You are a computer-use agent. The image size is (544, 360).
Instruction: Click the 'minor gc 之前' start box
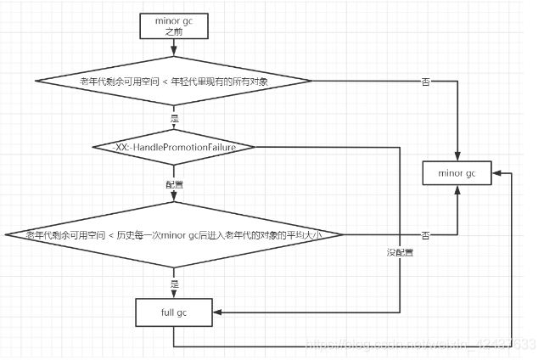(173, 25)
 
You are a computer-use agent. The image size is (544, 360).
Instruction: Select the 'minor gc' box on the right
(457, 173)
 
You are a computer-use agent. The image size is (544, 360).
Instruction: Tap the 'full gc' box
(173, 313)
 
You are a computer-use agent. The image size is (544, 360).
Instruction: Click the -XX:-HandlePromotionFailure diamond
(173, 147)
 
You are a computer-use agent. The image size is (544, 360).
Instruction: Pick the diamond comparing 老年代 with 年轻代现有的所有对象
(173, 82)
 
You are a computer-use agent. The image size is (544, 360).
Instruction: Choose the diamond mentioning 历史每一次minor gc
(173, 233)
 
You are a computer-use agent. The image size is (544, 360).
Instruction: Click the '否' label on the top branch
(425, 82)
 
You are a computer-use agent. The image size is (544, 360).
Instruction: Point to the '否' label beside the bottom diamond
(425, 233)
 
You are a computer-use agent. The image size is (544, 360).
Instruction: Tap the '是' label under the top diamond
(174, 118)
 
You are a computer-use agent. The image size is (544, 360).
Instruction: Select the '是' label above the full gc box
(174, 282)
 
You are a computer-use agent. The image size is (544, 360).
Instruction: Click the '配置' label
(174, 183)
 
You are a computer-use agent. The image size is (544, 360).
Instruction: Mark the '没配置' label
(399, 253)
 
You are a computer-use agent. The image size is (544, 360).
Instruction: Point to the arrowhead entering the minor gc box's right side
(495, 173)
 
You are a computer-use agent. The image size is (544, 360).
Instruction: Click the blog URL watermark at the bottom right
(420, 344)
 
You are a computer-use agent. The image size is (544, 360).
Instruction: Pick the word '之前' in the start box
(173, 31)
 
